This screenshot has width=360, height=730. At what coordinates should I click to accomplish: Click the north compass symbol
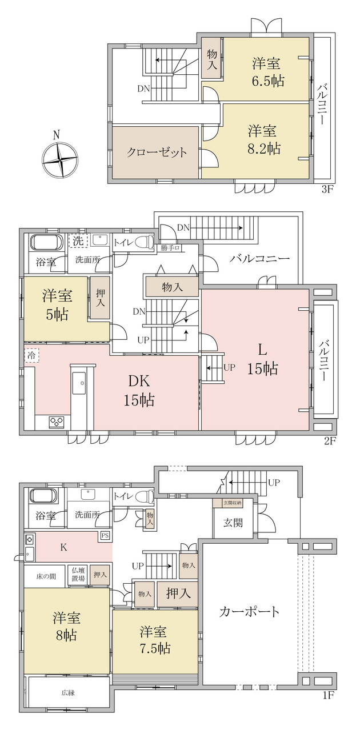tap(61, 158)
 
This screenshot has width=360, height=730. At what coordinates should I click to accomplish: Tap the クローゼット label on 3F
tap(157, 153)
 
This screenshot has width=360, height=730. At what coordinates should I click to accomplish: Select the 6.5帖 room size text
tap(267, 81)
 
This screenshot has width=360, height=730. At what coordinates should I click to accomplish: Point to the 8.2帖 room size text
tap(264, 149)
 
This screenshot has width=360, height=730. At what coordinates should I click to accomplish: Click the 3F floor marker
tap(327, 190)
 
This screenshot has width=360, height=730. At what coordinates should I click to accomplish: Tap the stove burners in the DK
tap(57, 422)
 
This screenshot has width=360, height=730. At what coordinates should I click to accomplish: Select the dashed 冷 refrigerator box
tap(31, 355)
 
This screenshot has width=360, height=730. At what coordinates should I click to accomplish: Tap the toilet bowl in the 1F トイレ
tap(146, 496)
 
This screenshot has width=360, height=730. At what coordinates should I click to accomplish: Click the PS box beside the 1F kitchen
tap(105, 535)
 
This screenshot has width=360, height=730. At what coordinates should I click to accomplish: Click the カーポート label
tap(250, 611)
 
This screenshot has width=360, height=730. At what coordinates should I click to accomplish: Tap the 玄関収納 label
tap(232, 503)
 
